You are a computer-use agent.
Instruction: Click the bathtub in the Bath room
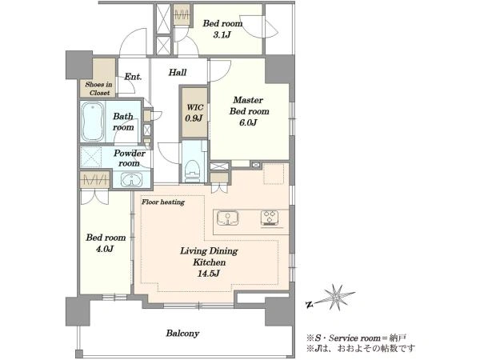[93, 122]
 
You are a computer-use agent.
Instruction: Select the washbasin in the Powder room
[132, 180]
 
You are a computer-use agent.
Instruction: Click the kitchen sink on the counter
[227, 218]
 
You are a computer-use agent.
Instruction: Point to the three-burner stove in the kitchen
[270, 218]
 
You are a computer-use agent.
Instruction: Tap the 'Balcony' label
[182, 333]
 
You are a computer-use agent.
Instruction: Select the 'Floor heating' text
[163, 202]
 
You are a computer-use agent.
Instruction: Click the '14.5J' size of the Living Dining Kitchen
[208, 274]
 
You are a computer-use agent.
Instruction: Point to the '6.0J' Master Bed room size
[248, 122]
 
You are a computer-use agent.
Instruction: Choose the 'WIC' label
[195, 107]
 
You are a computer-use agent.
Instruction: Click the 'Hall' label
[178, 73]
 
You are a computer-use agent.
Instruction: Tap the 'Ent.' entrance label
[133, 77]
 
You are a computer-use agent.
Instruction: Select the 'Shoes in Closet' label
[98, 89]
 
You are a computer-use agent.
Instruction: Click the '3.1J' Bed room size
[222, 35]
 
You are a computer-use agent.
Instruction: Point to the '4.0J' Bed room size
[105, 249]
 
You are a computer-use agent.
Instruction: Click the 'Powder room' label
[129, 158]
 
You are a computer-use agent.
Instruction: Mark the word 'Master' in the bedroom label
[248, 100]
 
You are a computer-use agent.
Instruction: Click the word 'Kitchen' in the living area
[210, 262]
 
